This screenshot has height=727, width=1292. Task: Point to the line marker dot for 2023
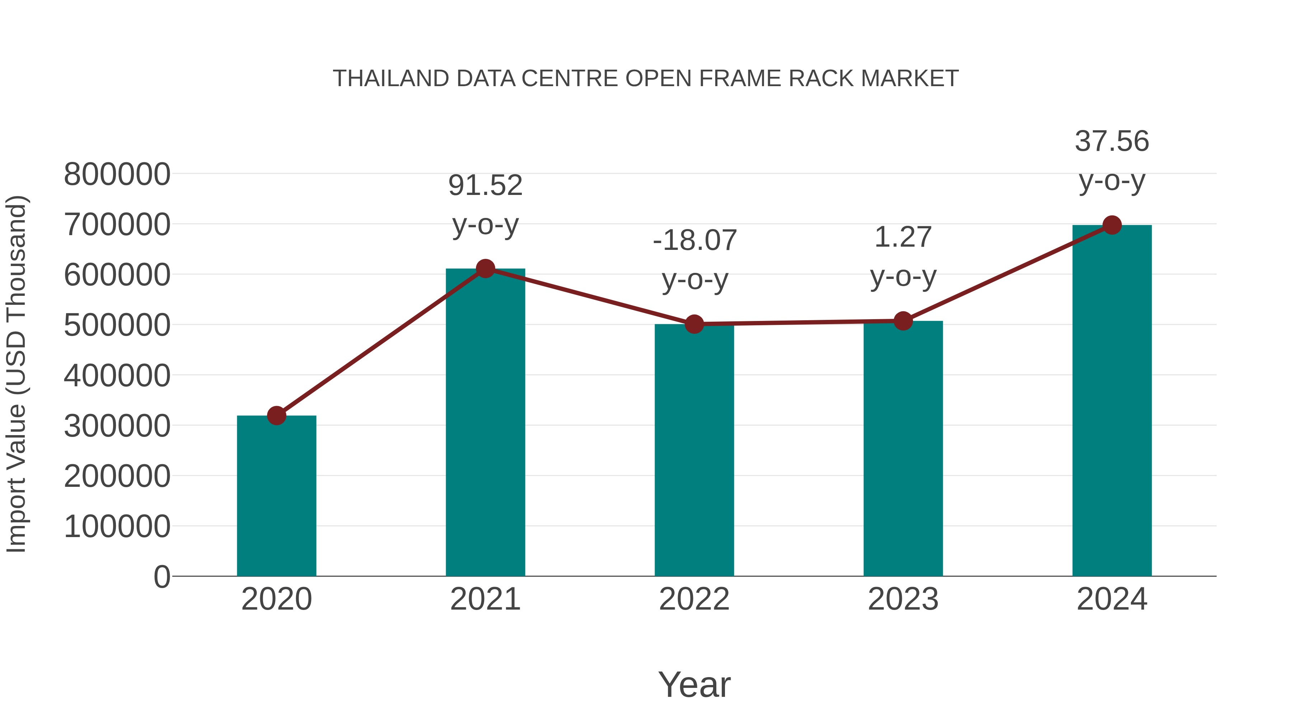(x=903, y=321)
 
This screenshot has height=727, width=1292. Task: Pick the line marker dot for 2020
(x=276, y=415)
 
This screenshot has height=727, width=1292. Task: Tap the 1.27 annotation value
(x=903, y=237)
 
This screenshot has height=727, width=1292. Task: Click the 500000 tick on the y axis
(x=117, y=325)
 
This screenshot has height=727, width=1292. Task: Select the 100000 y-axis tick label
(x=117, y=526)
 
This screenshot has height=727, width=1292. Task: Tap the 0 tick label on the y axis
(x=161, y=577)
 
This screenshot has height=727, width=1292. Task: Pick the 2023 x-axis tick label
(x=903, y=599)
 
